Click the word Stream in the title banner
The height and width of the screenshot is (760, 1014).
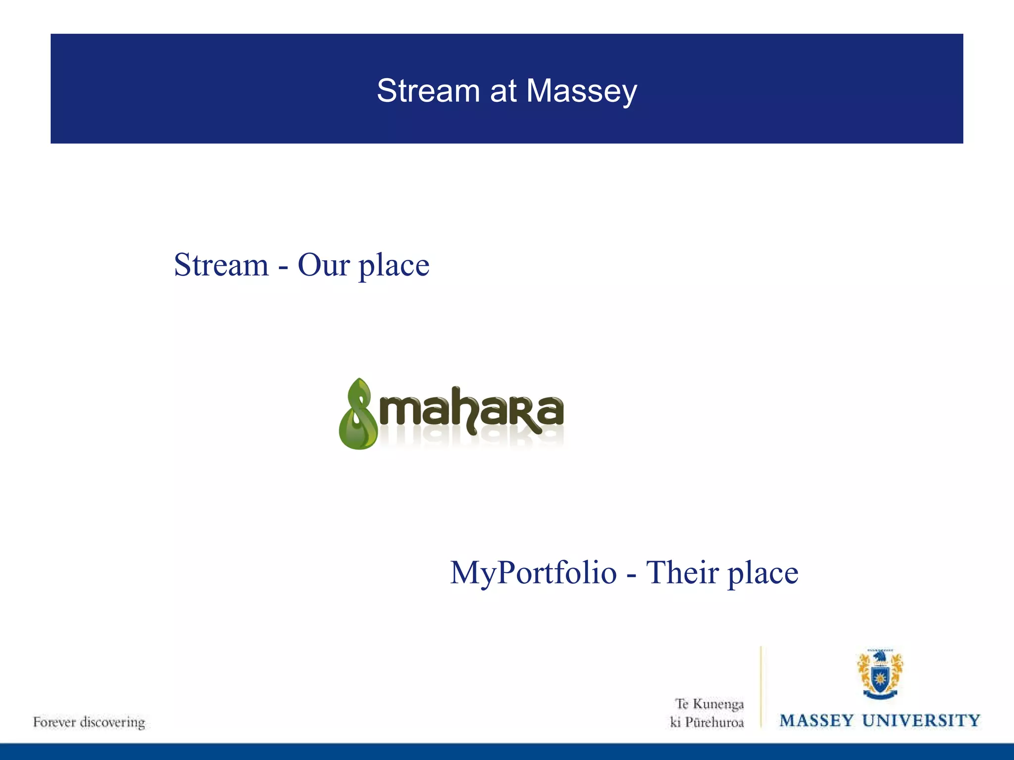click(x=428, y=91)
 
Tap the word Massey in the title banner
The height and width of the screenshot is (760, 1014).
click(x=581, y=92)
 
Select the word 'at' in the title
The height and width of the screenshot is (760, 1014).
click(x=503, y=91)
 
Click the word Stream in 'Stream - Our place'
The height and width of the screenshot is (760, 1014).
click(x=221, y=265)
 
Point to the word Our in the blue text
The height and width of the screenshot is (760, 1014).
click(x=323, y=265)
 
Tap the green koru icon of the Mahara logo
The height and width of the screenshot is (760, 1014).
click(x=357, y=414)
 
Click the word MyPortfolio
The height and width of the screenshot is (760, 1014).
click(x=533, y=573)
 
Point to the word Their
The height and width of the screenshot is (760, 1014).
click(x=682, y=573)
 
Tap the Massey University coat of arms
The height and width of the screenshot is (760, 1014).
click(x=880, y=674)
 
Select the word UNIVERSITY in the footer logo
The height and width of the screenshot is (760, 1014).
click(x=921, y=720)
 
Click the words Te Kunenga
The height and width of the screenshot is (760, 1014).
click(x=710, y=704)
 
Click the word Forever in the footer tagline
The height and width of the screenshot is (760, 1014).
click(x=54, y=722)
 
